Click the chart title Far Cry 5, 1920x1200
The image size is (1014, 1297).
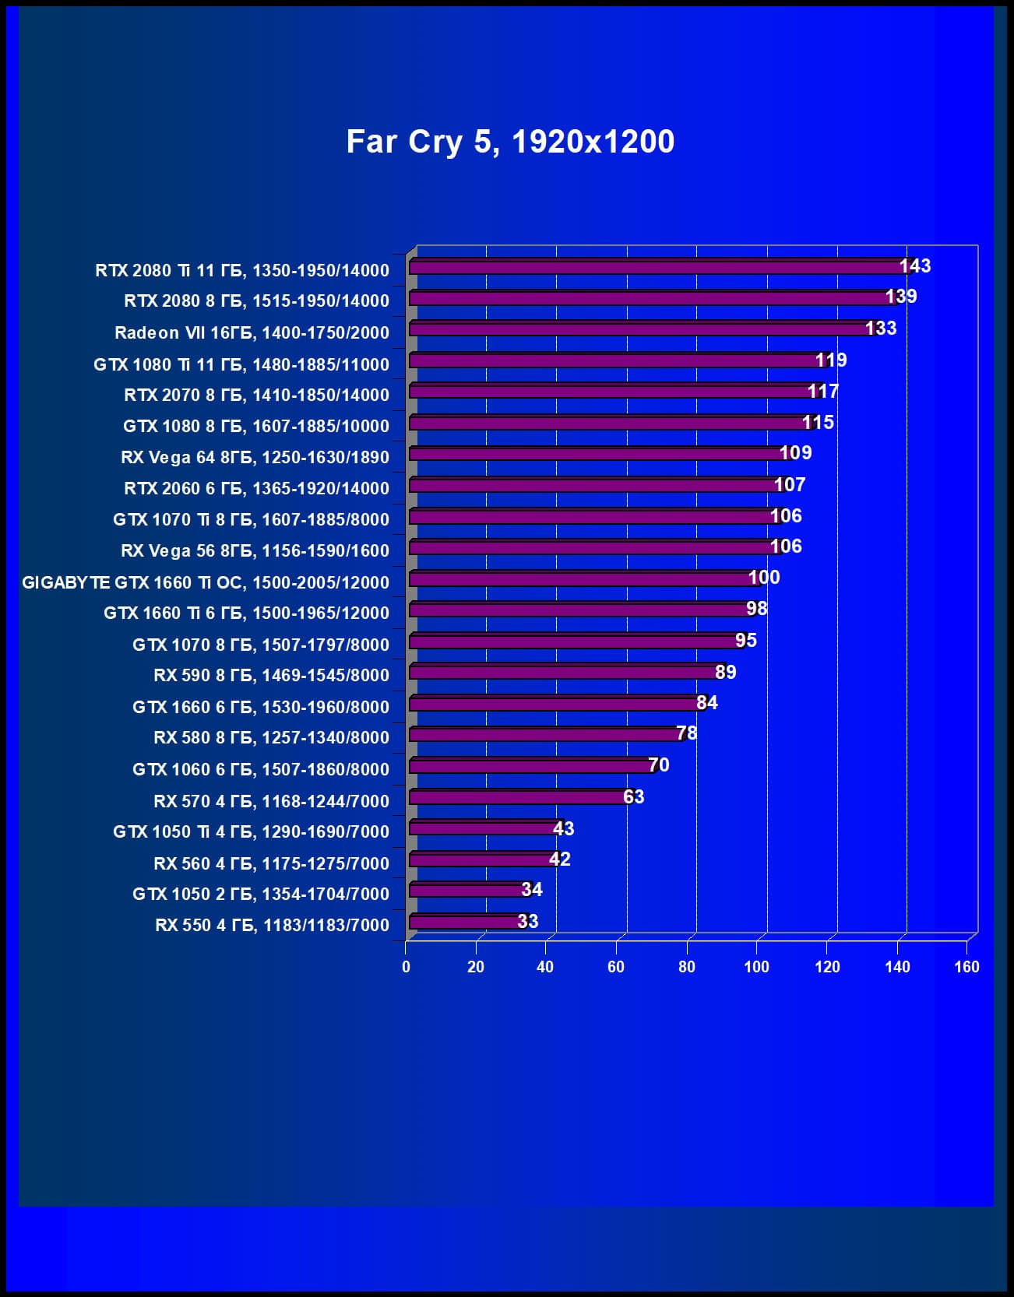510,142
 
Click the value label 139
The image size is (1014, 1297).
901,297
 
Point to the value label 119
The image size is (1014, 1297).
831,360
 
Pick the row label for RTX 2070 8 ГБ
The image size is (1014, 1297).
256,395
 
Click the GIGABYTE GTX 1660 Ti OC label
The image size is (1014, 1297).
206,582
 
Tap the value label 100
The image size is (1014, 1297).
764,578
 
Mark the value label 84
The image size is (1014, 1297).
707,703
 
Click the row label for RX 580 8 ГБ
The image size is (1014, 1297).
271,737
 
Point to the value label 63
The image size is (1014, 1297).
634,797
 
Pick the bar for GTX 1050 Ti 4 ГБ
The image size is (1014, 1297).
484,828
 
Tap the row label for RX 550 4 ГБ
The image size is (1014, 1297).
272,925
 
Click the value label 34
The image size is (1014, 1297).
532,890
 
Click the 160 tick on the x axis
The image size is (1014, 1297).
966,967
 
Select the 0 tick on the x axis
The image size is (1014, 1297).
406,967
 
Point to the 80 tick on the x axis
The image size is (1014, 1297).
687,967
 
